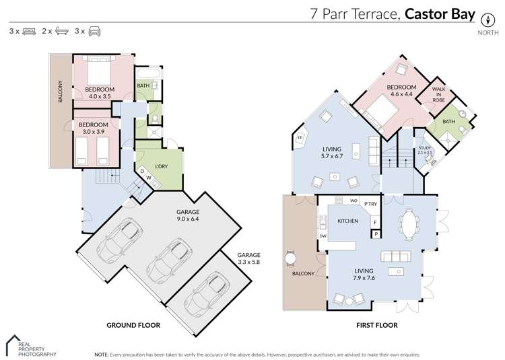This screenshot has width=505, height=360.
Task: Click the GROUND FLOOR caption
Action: (133, 325)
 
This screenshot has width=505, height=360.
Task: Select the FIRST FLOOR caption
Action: (377, 325)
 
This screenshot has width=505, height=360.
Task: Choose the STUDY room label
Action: (424, 149)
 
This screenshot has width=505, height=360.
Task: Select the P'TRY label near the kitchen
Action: (370, 203)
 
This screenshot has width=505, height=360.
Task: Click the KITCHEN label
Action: (348, 221)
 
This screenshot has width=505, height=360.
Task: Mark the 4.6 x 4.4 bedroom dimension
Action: (400, 95)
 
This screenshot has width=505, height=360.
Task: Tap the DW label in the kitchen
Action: (323, 236)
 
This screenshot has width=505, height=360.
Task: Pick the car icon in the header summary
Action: (96, 31)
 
